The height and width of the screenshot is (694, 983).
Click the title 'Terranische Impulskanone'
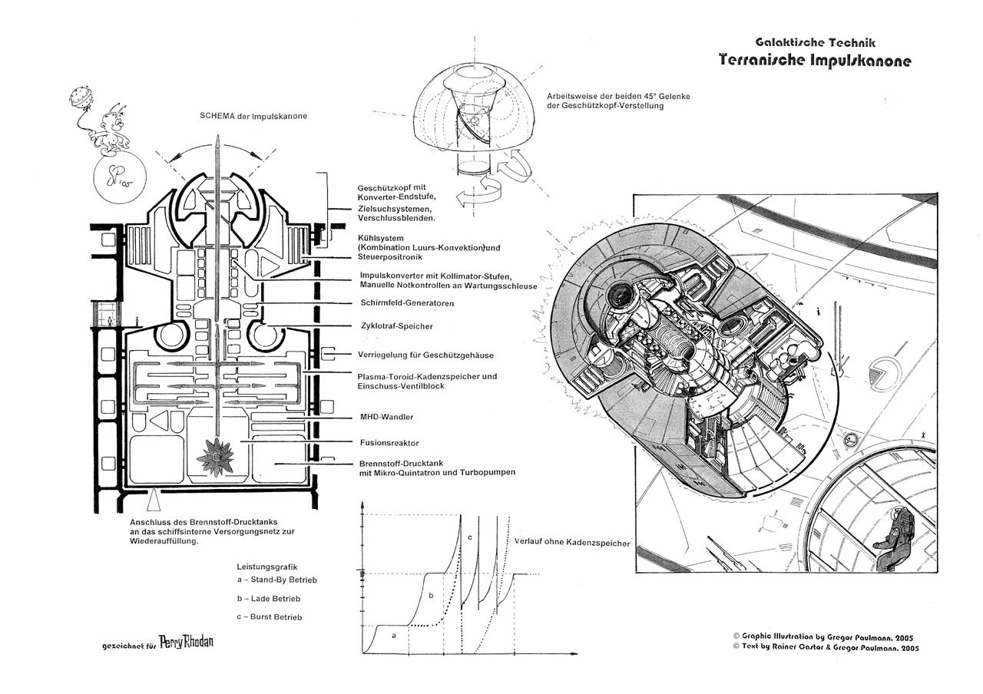815,61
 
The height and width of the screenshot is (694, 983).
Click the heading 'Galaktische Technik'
816,42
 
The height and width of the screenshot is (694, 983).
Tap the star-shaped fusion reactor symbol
217,456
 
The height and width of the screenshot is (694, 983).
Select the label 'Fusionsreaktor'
389,443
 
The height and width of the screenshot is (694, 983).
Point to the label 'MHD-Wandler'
386,417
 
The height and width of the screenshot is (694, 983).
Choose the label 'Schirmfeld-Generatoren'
406,303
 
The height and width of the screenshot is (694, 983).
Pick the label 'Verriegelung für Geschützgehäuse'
425,355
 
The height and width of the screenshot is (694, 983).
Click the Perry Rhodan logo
187,643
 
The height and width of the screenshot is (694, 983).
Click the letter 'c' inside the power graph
469,537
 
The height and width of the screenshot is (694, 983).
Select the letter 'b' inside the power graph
431,595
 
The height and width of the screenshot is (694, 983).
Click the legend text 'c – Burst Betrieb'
270,616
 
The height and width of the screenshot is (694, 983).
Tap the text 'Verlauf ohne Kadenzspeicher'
570,544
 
